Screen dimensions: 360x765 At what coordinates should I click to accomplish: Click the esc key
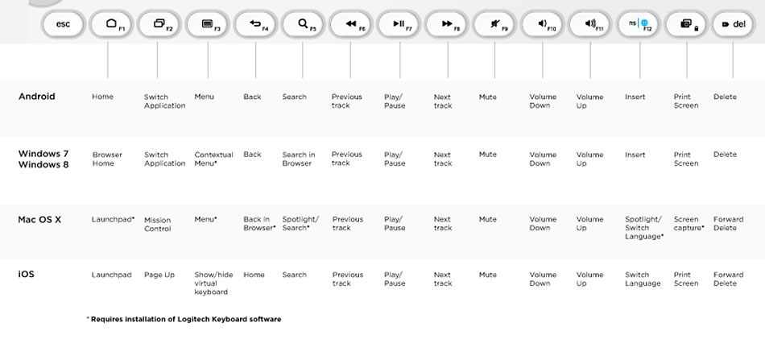pyautogui.click(x=63, y=24)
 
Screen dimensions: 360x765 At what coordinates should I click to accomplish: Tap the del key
pyautogui.click(x=734, y=24)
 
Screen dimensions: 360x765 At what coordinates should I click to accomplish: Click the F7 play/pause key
pyautogui.click(x=399, y=24)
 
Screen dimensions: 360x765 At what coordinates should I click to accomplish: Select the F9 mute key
pyautogui.click(x=494, y=24)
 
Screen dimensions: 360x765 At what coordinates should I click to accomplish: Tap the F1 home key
pyautogui.click(x=110, y=24)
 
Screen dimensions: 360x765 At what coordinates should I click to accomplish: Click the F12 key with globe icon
pyautogui.click(x=640, y=24)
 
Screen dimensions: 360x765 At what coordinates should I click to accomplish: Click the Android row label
pyautogui.click(x=37, y=97)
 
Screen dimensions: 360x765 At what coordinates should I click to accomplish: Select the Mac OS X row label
pyautogui.click(x=39, y=219)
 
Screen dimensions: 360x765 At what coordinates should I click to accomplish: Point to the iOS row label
pyautogui.click(x=27, y=275)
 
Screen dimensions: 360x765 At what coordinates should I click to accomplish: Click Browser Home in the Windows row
pyautogui.click(x=107, y=159)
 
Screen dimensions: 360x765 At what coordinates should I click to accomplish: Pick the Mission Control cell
pyautogui.click(x=158, y=224)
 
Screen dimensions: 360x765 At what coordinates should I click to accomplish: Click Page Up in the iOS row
pyautogui.click(x=159, y=275)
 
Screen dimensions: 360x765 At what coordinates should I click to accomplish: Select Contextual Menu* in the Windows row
pyautogui.click(x=213, y=159)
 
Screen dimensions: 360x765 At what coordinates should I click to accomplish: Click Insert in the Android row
pyautogui.click(x=635, y=97)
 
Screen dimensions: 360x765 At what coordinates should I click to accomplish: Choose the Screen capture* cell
pyautogui.click(x=688, y=223)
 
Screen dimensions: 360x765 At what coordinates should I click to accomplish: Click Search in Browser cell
pyautogui.click(x=299, y=159)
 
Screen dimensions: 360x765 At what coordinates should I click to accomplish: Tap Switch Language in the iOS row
pyautogui.click(x=643, y=279)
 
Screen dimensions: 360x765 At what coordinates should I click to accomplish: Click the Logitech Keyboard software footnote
pyautogui.click(x=184, y=319)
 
